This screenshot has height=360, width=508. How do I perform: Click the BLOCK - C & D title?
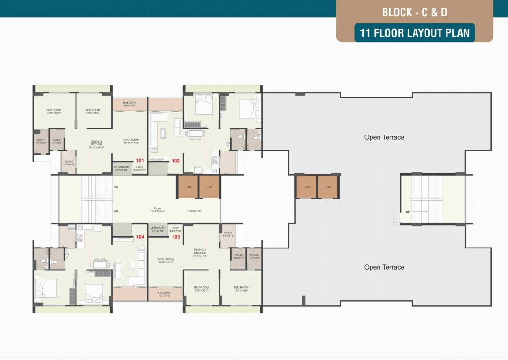point(414,12)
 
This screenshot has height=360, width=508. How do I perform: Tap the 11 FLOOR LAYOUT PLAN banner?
point(415,33)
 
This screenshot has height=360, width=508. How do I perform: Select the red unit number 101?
point(140,160)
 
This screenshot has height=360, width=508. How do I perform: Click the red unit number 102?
point(175,160)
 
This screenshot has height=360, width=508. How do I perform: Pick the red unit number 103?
point(176,237)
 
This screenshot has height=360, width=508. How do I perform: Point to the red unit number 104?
point(140,237)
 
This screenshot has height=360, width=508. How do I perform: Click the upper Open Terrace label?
point(384,137)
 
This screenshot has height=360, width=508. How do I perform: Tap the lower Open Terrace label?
point(384,267)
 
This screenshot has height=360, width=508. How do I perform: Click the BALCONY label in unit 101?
point(129,104)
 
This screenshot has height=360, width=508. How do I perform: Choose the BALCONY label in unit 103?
point(164,294)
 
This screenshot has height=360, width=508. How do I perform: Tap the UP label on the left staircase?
point(116,211)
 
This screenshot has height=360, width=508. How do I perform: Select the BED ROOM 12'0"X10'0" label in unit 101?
point(53,112)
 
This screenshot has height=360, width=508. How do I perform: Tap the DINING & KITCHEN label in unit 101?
point(97,143)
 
